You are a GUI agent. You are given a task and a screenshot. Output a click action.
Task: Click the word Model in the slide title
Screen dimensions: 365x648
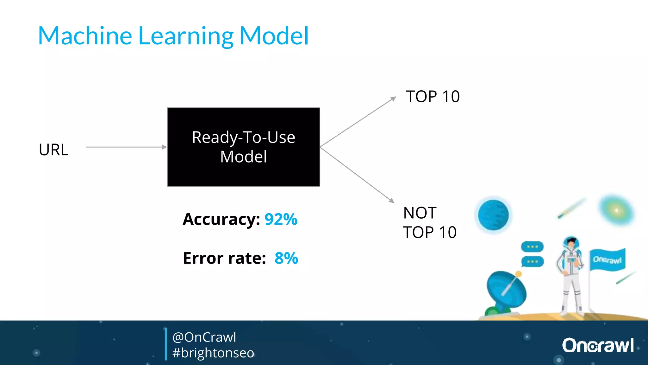[x=274, y=36]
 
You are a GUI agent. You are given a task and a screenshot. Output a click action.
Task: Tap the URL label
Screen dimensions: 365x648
[x=53, y=150]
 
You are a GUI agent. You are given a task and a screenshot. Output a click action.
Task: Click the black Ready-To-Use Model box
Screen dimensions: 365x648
[x=243, y=147]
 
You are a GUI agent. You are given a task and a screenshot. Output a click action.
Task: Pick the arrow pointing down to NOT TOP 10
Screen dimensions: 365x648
[x=358, y=175]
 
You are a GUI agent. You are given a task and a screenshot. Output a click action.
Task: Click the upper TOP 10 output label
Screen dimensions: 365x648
[x=433, y=97]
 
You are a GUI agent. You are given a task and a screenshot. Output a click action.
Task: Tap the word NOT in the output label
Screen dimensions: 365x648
[x=420, y=213]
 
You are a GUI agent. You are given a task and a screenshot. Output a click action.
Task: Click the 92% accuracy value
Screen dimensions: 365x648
[x=281, y=220]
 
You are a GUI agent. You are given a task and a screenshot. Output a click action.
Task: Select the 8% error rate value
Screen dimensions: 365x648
[x=286, y=258]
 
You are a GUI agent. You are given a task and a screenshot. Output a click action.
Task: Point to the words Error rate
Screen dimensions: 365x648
[x=224, y=258]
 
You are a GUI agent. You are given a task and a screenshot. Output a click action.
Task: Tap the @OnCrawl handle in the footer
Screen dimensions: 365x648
[x=204, y=337]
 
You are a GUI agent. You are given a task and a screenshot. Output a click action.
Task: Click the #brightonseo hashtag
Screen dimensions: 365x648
[x=213, y=353]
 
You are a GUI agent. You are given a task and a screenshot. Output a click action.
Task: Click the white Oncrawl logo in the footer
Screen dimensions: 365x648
[x=598, y=345]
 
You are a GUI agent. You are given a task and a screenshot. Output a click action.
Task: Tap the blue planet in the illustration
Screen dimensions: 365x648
[x=493, y=215]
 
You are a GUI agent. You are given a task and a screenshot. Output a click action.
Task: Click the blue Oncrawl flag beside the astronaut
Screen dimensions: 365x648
[x=607, y=260]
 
